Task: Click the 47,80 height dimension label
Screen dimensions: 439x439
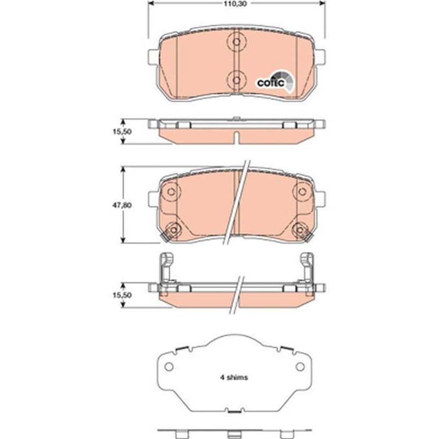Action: click(122, 205)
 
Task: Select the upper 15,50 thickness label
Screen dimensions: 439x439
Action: click(122, 132)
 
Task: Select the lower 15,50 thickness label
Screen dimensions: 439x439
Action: click(122, 295)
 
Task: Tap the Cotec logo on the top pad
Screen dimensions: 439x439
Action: click(275, 81)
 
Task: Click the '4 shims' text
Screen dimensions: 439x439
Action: click(234, 378)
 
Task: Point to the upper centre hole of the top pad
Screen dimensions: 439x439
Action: click(237, 42)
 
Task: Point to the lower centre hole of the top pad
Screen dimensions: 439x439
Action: click(237, 80)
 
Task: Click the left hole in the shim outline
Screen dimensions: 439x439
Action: click(169, 367)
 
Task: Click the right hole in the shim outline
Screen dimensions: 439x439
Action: click(300, 367)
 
